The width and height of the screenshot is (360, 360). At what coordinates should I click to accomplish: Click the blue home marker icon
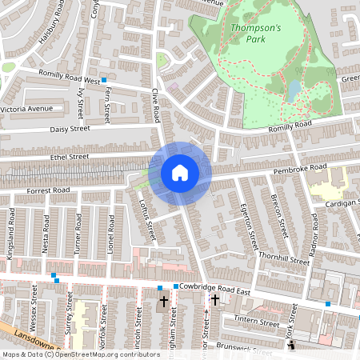click(180, 173)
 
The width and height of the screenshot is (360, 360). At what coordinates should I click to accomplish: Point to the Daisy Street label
click(66, 128)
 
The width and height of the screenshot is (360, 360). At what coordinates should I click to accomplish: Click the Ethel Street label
click(68, 157)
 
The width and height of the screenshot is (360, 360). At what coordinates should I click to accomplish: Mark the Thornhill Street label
click(284, 261)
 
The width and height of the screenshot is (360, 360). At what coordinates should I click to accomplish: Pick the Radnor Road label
click(314, 230)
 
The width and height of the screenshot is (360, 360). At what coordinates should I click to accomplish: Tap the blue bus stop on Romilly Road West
click(104, 81)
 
